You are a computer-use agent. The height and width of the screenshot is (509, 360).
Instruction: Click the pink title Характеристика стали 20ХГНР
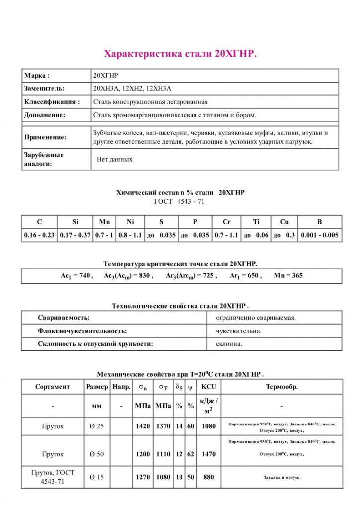pyautogui.click(x=180, y=54)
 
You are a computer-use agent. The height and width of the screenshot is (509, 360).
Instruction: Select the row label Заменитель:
pyautogui.click(x=44, y=88)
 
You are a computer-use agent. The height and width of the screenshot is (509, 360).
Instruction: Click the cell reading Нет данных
pyautogui.click(x=114, y=160)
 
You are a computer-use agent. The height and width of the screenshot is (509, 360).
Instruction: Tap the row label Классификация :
pyautogui.click(x=52, y=102)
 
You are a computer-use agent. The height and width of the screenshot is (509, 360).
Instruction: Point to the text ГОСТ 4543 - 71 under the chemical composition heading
pyautogui.click(x=180, y=201)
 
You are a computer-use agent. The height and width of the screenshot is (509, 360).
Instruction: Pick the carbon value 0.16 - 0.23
pyautogui.click(x=39, y=235)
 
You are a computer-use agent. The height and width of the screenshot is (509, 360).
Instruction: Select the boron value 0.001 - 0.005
pyautogui.click(x=319, y=235)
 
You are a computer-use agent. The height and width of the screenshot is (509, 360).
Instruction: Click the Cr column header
pyautogui.click(x=226, y=222)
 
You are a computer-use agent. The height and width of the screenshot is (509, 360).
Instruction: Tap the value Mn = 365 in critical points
pyautogui.click(x=288, y=276)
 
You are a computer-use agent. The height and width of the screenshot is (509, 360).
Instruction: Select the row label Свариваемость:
pyautogui.click(x=64, y=317)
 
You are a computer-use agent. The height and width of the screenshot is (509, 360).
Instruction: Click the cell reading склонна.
pyautogui.click(x=229, y=343)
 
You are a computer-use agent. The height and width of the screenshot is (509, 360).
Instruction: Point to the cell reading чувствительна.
pyautogui.click(x=238, y=331)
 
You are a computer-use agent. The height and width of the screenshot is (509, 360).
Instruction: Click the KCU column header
pyautogui.click(x=208, y=386)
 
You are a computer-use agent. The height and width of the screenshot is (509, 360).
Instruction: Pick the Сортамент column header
pyautogui.click(x=53, y=386)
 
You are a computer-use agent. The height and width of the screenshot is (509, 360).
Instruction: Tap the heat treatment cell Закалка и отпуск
pyautogui.click(x=281, y=477)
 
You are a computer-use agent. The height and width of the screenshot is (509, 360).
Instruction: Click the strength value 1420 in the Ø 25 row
pyautogui.click(x=143, y=426)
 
